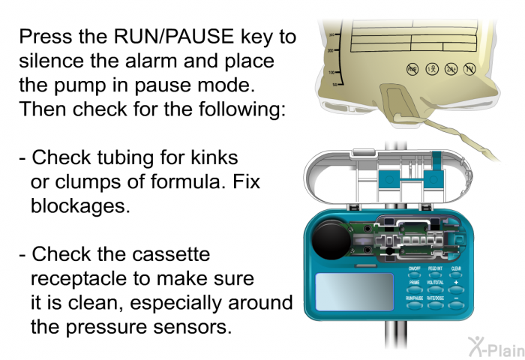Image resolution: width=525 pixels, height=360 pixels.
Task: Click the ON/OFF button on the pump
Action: (x=414, y=274)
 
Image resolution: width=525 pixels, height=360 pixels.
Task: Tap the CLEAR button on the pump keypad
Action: (x=455, y=274)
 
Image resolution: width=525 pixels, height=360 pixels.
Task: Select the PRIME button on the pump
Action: (x=414, y=289)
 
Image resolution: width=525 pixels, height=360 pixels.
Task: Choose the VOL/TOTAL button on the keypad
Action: (x=434, y=289)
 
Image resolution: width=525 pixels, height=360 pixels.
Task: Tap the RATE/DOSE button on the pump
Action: (x=434, y=304)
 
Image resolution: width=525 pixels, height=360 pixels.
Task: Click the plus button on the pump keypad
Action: (x=455, y=289)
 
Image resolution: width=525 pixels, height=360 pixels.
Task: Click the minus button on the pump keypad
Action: (x=455, y=304)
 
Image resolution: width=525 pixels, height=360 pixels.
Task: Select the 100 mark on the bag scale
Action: (x=331, y=72)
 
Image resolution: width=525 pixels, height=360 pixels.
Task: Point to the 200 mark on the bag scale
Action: (x=331, y=49)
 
